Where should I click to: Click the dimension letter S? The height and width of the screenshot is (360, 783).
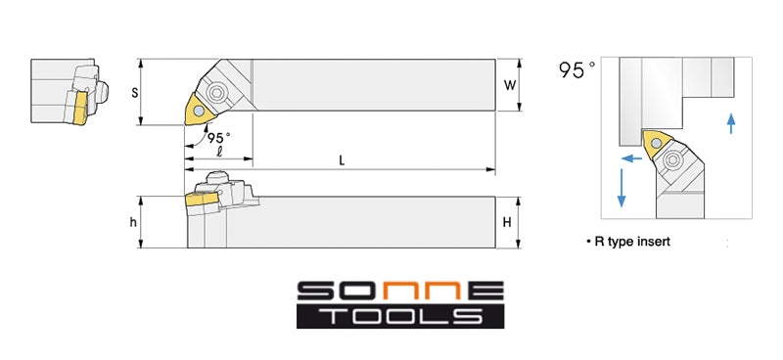point(135,93)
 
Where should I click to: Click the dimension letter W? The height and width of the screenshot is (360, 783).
point(509,85)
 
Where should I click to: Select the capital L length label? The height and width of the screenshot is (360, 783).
point(342,160)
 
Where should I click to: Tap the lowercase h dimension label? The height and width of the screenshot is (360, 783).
point(133,223)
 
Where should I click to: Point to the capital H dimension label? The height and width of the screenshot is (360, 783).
point(507,223)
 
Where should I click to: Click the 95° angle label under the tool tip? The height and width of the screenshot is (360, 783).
point(219,138)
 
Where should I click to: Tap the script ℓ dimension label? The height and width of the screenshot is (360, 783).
point(219,152)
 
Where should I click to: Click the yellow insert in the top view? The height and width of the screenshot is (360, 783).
point(200,110)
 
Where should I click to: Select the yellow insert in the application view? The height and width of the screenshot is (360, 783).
point(657,144)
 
